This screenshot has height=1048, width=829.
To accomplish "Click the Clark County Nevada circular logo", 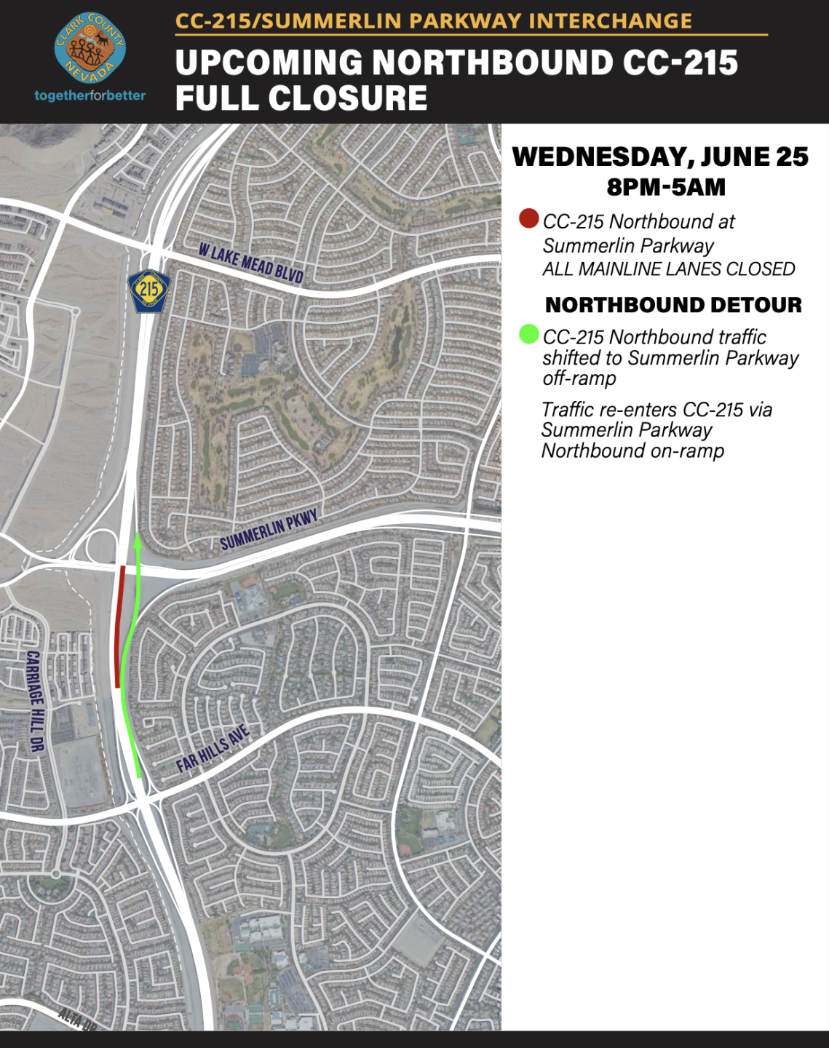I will pos(90,48).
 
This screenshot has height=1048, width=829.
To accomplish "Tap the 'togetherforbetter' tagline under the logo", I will pos(90,95).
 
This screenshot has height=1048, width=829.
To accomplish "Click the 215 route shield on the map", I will pos(149,290).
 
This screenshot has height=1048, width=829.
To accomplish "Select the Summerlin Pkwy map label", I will pos(269,531).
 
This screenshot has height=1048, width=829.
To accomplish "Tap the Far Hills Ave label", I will pos(213,749).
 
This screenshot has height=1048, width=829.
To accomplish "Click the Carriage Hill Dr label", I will pos(36,701).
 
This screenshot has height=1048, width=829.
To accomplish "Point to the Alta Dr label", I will pos(77,1018).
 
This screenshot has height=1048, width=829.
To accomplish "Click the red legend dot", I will pos(528,218).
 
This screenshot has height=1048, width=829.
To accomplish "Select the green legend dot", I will pos(528,335).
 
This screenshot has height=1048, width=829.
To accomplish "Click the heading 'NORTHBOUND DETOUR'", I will pos(673,305).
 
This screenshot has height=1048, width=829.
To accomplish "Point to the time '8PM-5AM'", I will pos(666,187).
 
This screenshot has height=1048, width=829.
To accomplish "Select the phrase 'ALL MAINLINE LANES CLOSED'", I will pos(668,269).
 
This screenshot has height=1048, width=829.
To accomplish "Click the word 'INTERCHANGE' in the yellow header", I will pos(610,20).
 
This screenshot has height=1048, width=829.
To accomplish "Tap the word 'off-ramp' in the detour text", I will pos(579,378).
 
